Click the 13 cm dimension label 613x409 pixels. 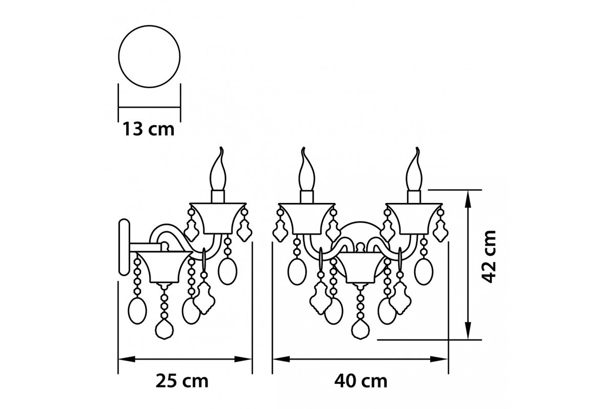(148, 129)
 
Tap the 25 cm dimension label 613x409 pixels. (182, 381)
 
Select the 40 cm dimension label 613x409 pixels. (361, 381)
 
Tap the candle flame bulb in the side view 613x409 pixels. (219, 169)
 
